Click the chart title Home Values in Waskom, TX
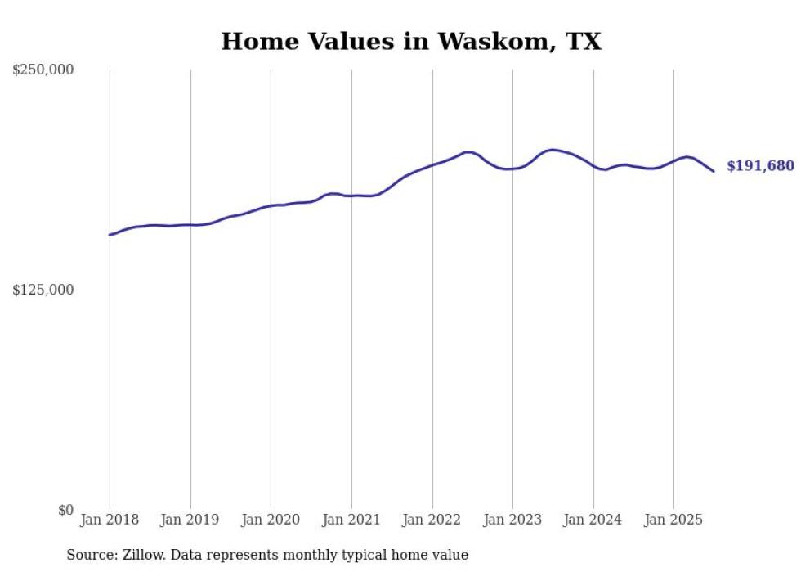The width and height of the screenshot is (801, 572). point(411,42)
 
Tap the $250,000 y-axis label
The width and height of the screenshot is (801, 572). point(43,70)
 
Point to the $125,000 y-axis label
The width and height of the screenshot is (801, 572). point(43,290)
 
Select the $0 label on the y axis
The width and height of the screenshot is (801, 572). point(65,510)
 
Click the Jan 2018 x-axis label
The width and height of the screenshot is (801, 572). point(110,520)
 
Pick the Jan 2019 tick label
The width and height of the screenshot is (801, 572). point(190,520)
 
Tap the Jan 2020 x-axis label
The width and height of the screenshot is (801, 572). point(271,520)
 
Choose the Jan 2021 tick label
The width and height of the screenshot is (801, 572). point(351,520)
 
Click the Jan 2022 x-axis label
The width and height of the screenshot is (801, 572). point(432,520)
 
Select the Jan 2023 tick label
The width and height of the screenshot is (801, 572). point(512,520)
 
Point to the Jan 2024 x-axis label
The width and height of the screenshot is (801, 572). point(593,520)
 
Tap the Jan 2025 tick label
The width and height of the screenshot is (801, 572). point(673,520)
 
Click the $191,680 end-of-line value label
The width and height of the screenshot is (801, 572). point(760,166)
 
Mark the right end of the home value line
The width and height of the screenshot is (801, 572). point(714,171)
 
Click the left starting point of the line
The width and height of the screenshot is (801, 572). point(110,235)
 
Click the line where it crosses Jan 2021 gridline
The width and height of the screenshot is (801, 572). point(351,196)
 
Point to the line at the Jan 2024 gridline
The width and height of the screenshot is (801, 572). point(593,166)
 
